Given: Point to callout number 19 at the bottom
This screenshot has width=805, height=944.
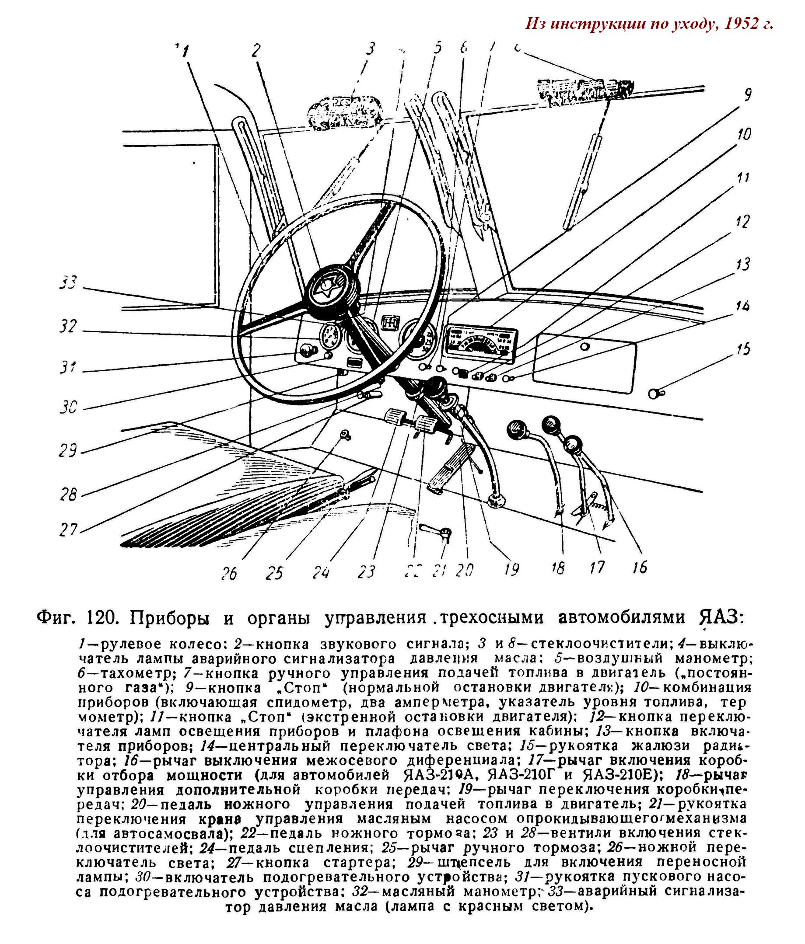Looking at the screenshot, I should coord(512,569).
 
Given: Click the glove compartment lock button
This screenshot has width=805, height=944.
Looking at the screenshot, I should coord(584,347).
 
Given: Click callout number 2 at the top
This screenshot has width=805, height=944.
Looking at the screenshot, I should coord(256,50).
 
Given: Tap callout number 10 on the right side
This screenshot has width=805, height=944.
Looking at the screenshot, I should coord(744,134).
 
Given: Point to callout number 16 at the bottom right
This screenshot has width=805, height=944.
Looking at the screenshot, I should coord(640,567).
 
